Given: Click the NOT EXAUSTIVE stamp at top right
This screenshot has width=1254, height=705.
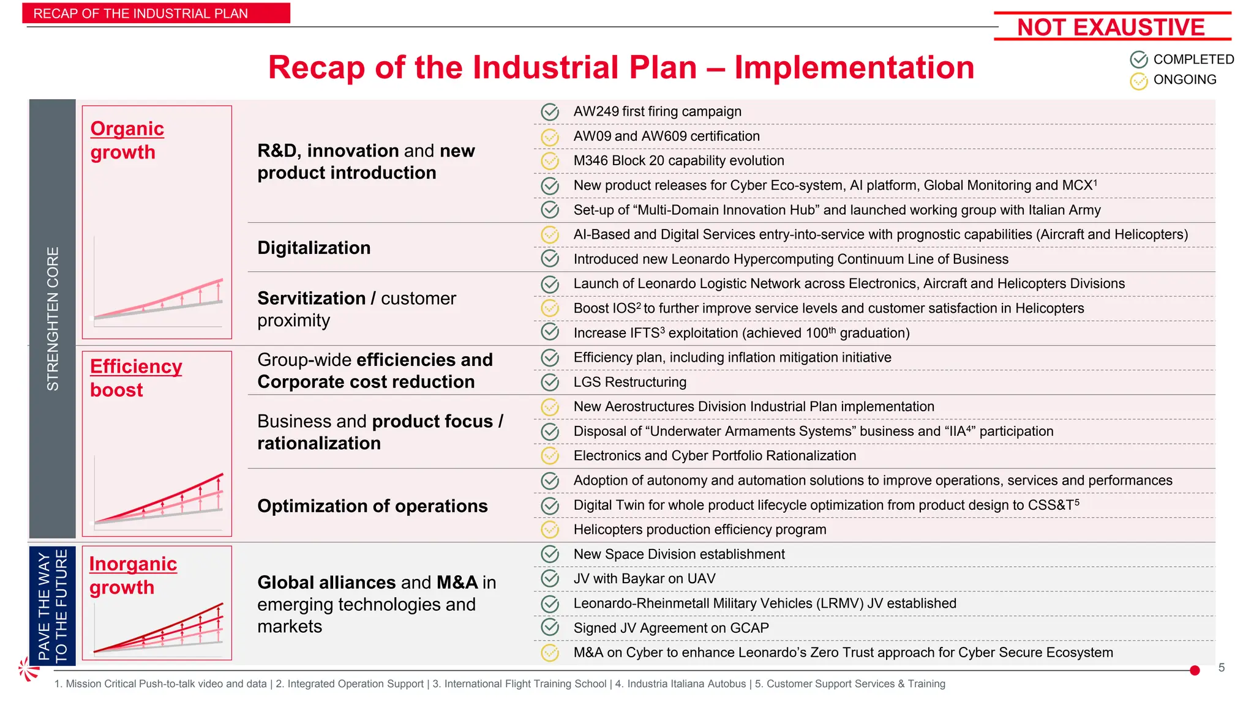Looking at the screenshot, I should (x=1111, y=27).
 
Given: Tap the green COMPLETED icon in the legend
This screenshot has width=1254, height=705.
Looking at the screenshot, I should (x=1138, y=59).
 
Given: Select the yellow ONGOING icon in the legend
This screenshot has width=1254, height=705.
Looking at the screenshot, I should (x=1138, y=81).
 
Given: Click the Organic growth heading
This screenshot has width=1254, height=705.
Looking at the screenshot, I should (x=127, y=140).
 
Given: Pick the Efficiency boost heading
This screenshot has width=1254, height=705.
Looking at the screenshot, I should (x=135, y=378).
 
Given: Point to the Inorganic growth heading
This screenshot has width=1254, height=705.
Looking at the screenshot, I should (x=133, y=575).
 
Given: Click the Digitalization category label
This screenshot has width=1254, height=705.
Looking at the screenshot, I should (x=313, y=248).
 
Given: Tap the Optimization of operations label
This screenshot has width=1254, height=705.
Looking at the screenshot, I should (x=372, y=506).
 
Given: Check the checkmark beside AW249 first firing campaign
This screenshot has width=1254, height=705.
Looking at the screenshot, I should (x=550, y=112).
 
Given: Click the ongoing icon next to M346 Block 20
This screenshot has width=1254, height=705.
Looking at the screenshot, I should (x=550, y=161).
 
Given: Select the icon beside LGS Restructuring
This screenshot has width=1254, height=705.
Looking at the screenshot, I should (x=550, y=382).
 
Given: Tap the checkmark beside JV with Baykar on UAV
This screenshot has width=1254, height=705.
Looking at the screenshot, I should (x=550, y=579).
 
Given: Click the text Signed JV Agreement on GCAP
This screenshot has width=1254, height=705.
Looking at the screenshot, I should (x=671, y=628).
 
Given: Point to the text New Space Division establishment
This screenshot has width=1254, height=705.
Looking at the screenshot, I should (x=678, y=554).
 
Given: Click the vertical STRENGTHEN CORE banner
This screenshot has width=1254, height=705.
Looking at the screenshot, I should (x=53, y=318).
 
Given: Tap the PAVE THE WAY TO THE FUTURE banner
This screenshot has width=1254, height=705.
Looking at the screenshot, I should (x=53, y=606).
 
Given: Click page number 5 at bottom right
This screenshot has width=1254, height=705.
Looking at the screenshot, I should (x=1221, y=668).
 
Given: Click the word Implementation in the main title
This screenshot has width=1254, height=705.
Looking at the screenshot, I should (x=854, y=67).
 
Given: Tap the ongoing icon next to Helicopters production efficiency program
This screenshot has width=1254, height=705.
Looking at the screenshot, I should (x=550, y=530).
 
